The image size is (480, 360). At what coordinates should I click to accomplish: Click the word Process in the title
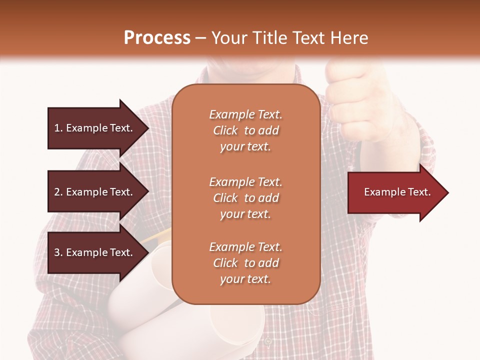click(x=157, y=38)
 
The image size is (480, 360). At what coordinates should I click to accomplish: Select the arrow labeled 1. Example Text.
click(x=95, y=128)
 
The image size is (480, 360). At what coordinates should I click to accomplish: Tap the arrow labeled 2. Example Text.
click(x=95, y=192)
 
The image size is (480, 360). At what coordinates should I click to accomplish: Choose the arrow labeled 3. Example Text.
click(x=95, y=252)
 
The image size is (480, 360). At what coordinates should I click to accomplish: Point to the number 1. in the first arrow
click(x=58, y=128)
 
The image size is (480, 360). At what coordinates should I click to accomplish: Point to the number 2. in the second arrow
click(x=58, y=192)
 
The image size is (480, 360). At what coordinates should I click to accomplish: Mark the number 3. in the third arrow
click(x=58, y=252)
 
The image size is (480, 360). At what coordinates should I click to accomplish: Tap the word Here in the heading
click(x=348, y=38)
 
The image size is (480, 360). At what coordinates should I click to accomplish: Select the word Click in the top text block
click(x=225, y=130)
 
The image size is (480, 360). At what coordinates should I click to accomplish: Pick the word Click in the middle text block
click(x=225, y=198)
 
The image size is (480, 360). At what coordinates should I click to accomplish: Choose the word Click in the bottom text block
click(x=225, y=263)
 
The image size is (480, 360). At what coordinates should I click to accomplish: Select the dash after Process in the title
click(x=200, y=38)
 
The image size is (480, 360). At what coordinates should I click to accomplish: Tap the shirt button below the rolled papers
click(x=268, y=341)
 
